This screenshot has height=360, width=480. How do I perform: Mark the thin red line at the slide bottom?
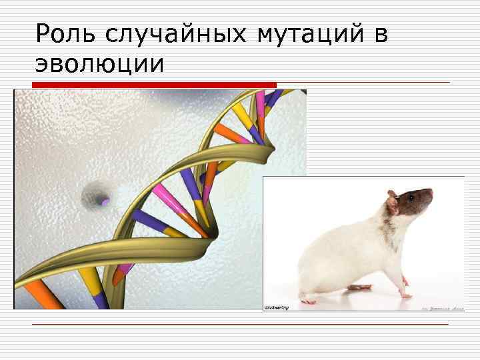coord(240,324)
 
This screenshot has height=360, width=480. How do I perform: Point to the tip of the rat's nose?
coord(431,192)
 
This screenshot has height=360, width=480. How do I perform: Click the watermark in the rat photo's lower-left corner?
coord(276,307)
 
